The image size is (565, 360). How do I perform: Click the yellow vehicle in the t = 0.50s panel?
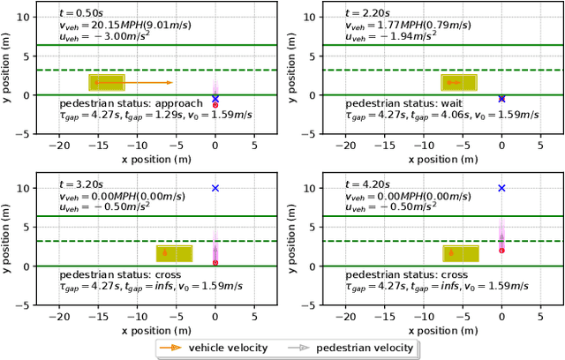[106, 82]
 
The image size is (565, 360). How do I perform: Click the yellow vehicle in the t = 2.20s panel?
[459, 82]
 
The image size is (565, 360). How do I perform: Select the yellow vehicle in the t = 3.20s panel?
[174, 253]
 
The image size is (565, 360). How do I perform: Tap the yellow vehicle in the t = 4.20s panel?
[461, 253]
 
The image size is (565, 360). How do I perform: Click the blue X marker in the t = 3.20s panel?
[215, 188]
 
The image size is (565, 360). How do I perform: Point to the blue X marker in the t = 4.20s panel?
[501, 188]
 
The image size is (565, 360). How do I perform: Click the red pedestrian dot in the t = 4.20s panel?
[501, 251]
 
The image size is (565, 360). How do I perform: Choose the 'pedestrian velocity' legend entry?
[353, 348]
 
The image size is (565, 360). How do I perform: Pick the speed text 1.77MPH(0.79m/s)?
[404, 26]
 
